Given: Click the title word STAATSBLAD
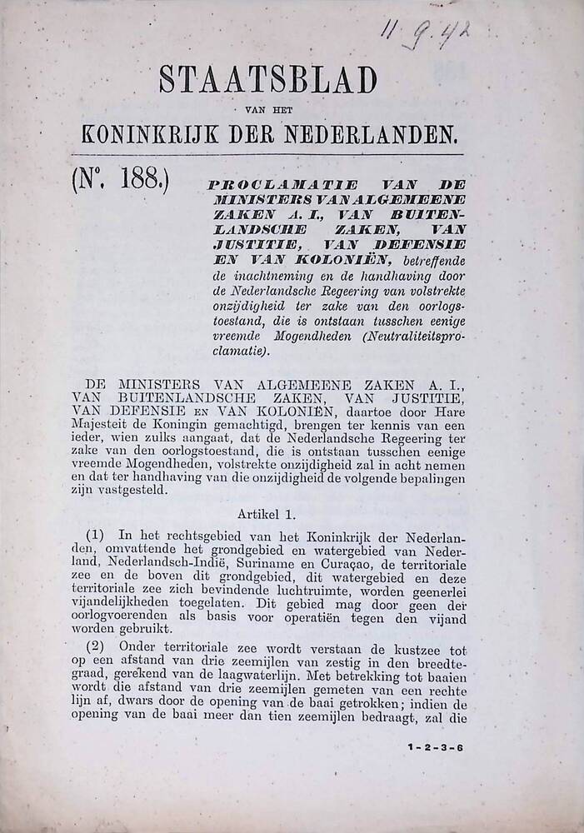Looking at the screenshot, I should [x=267, y=81].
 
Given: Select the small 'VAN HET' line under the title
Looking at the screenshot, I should [x=267, y=110].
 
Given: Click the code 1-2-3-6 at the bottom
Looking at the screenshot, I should [x=436, y=746].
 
